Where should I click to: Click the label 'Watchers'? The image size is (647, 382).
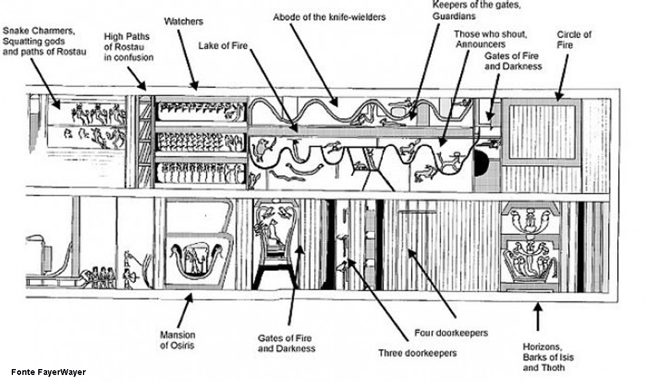(x=183, y=22)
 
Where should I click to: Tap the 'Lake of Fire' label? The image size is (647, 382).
(x=223, y=45)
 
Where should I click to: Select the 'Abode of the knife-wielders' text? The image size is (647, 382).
(x=329, y=17)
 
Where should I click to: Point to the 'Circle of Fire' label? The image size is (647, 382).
(x=574, y=39)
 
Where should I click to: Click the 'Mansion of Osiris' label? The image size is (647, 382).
(x=178, y=340)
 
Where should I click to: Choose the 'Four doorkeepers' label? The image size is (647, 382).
(x=451, y=333)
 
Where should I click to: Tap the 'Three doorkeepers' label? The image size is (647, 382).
(x=418, y=353)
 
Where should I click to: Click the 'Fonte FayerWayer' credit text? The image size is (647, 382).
(x=48, y=372)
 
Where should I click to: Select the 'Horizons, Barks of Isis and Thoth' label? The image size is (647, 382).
(x=548, y=357)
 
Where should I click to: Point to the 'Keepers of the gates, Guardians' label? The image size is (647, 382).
(x=476, y=11)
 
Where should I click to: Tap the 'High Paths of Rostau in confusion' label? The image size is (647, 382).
(x=128, y=46)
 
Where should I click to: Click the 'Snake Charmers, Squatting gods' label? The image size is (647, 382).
(x=44, y=41)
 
